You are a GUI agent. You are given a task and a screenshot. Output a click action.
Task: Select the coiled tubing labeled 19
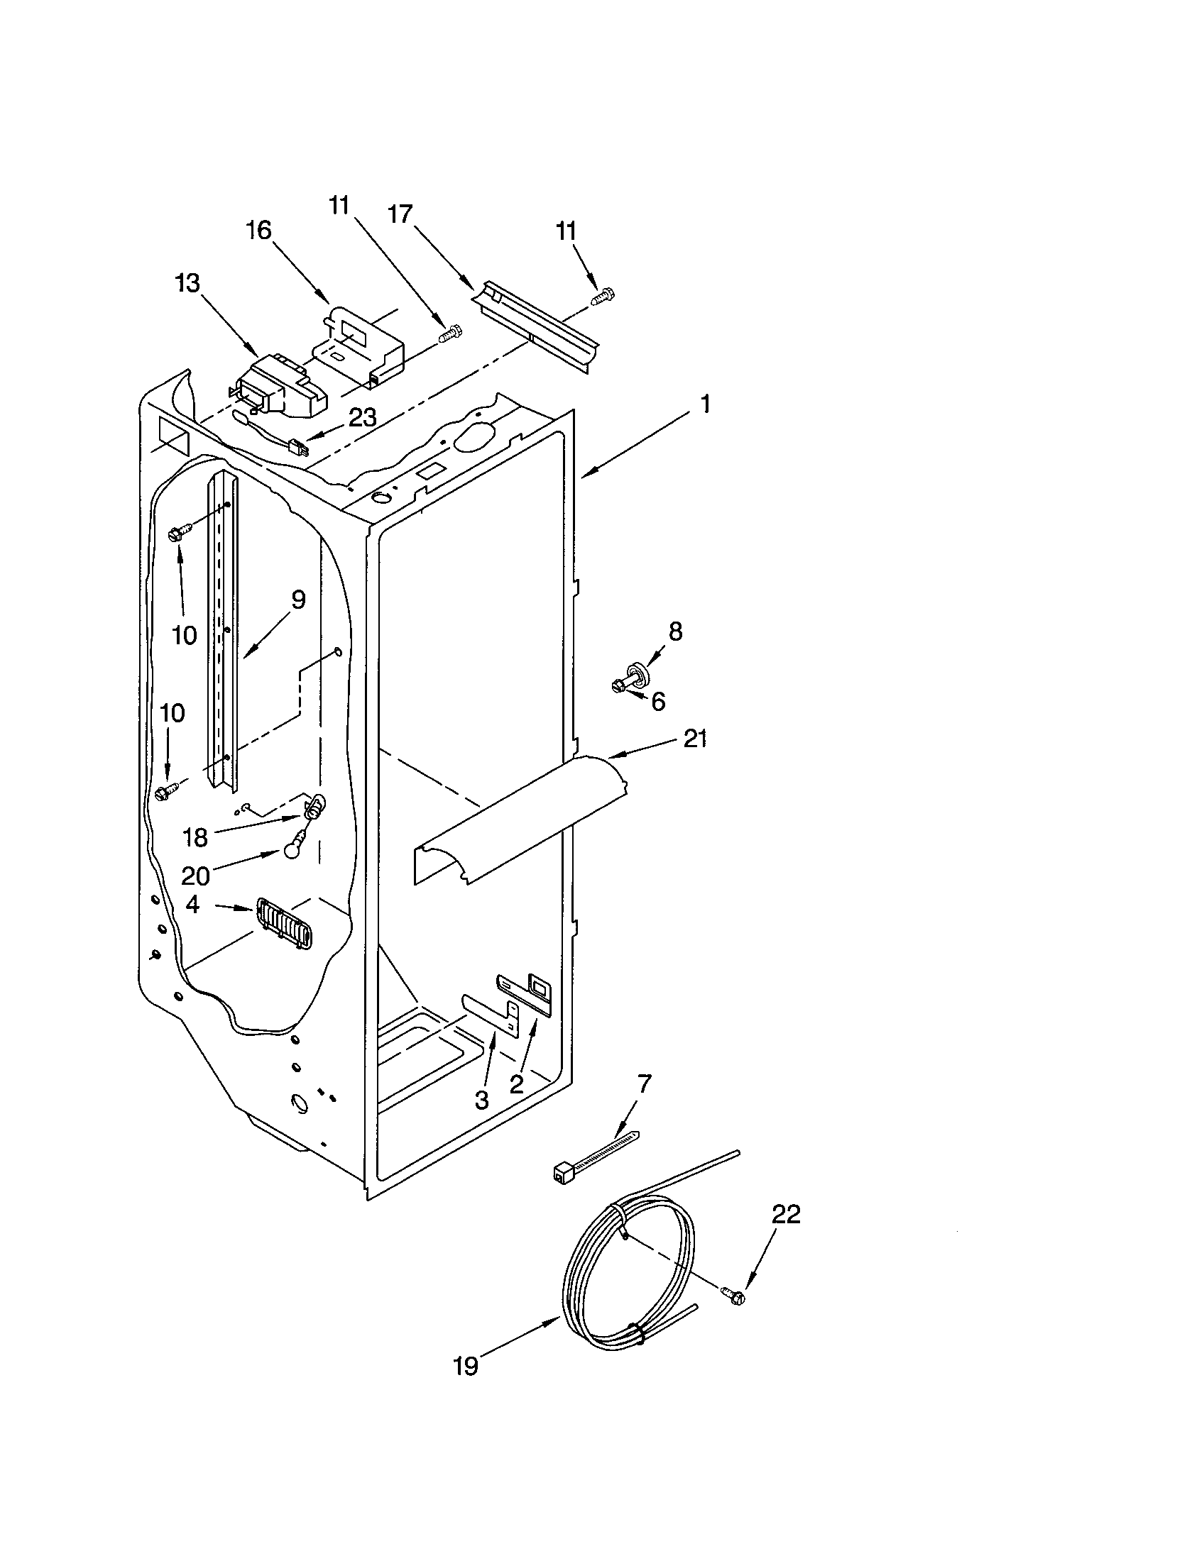629,1279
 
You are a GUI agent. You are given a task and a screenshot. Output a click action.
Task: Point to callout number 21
694,738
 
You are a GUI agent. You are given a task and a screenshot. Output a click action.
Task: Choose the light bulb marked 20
291,851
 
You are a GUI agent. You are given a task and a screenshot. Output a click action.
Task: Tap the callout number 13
187,283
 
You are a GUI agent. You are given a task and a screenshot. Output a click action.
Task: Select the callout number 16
259,230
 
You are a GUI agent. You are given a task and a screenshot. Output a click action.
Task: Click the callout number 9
297,599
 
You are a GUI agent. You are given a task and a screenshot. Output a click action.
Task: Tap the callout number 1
705,404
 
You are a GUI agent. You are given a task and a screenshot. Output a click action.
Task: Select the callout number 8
675,630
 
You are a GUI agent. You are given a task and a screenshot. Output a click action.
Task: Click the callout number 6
658,701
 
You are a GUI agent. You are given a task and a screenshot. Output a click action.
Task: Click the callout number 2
516,1083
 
